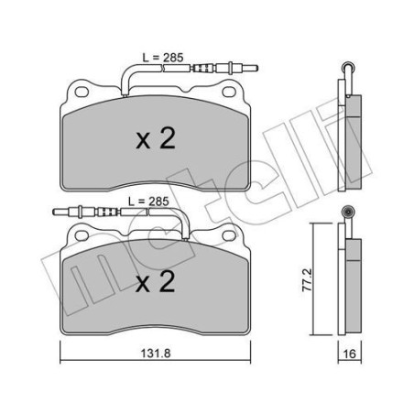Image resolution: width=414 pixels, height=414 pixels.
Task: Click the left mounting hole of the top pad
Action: (80, 91)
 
